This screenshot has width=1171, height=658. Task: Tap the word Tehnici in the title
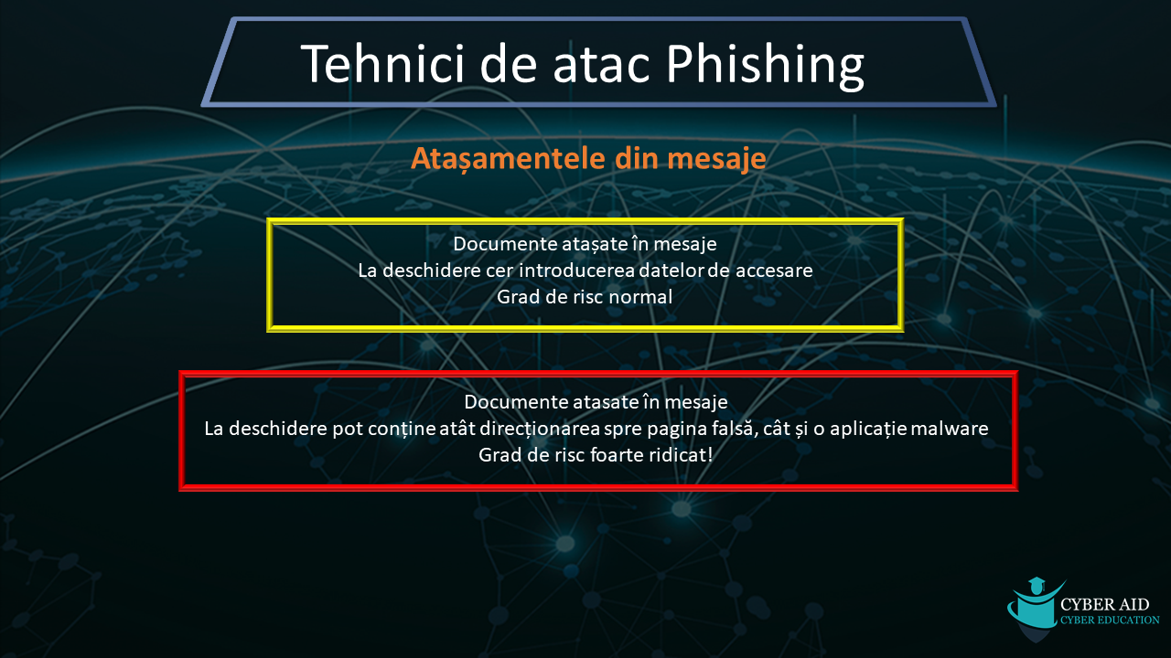point(382,63)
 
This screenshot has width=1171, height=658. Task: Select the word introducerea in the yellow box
point(576,271)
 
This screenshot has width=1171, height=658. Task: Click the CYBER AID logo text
point(1104,604)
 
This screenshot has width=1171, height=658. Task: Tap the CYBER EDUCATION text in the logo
point(1110,620)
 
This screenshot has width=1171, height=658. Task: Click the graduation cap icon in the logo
point(1037,585)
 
